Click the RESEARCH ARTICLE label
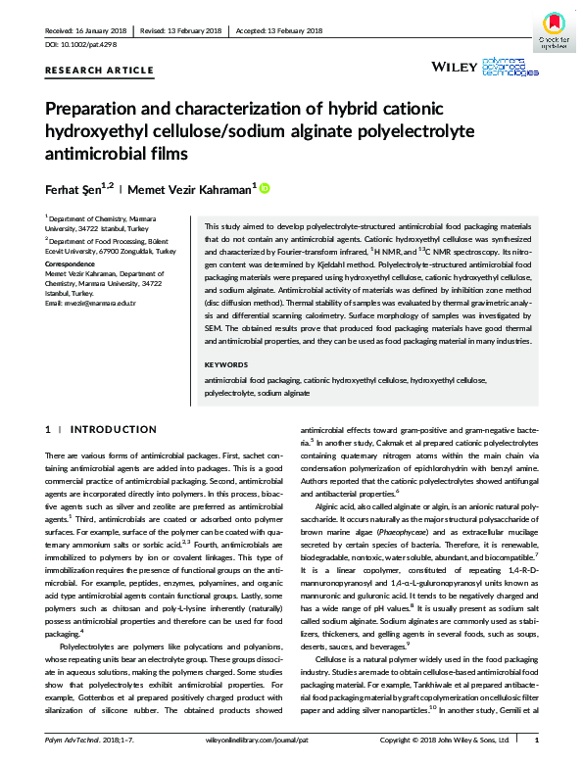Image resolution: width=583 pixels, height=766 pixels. click(x=85, y=72)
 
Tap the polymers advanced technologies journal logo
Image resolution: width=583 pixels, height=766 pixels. click(x=513, y=67)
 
